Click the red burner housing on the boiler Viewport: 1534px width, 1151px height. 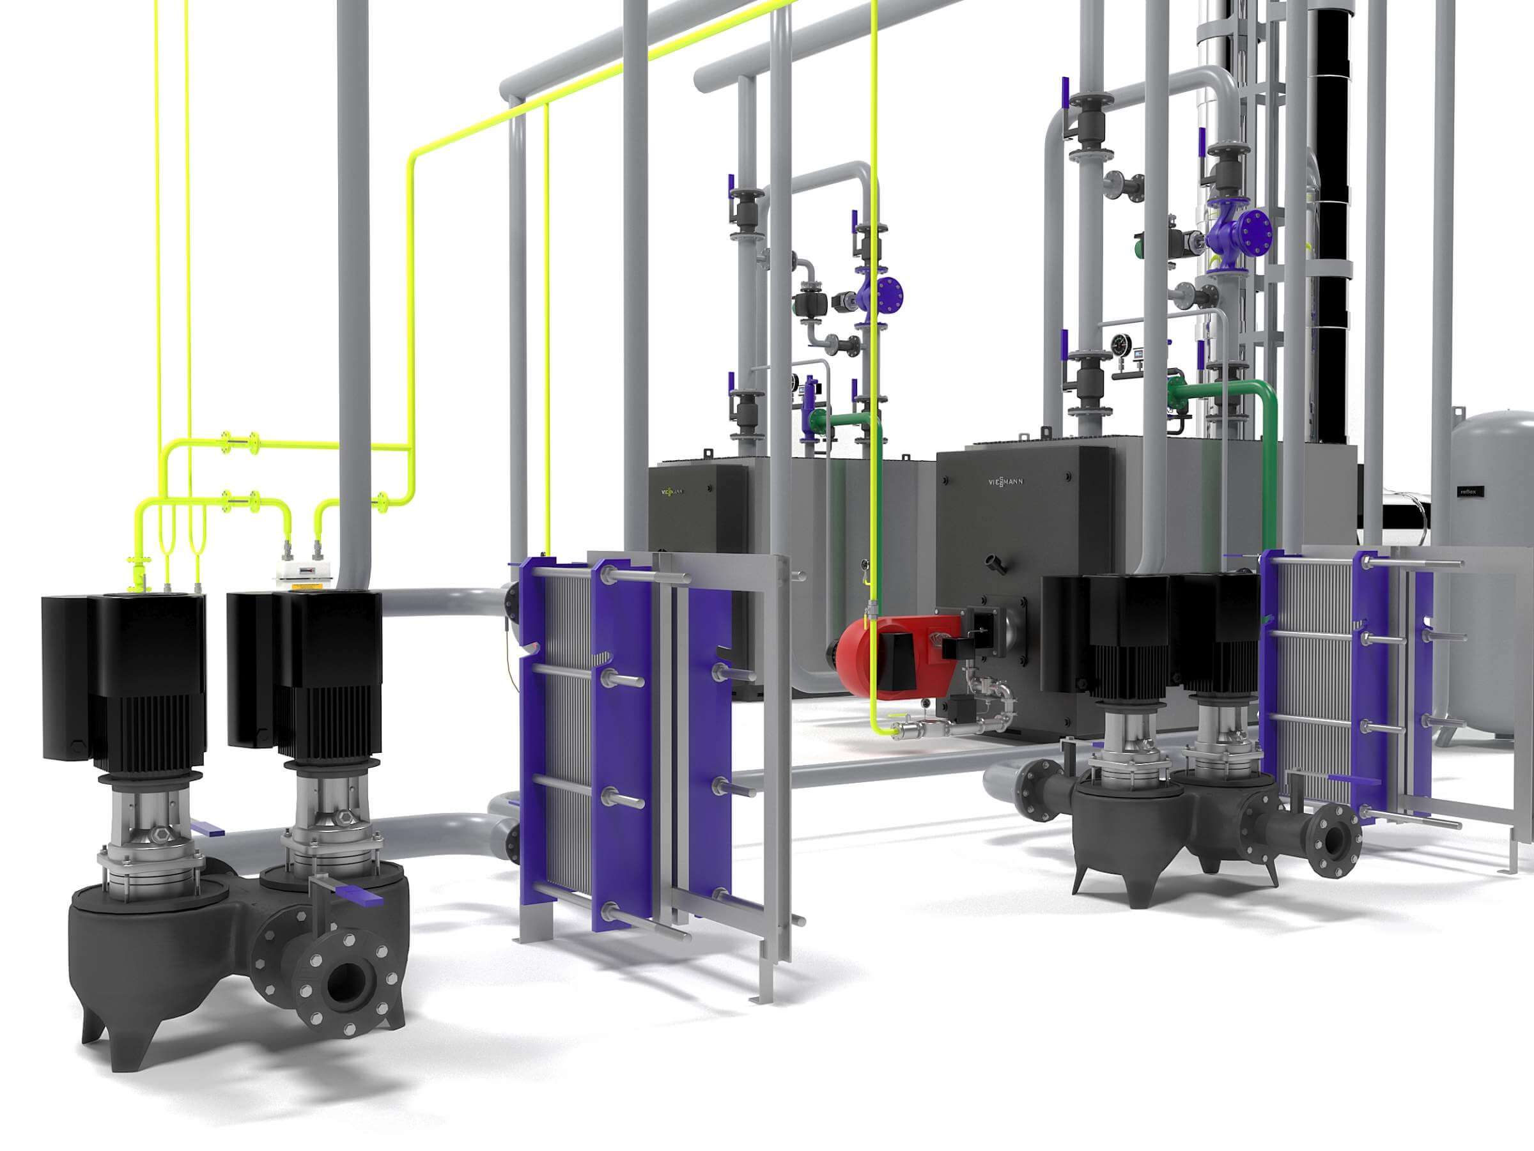tap(867, 655)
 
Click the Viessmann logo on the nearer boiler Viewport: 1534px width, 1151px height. tap(1005, 481)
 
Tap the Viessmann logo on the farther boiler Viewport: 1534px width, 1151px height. tap(671, 491)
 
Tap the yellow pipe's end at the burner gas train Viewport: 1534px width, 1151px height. tap(895, 729)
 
